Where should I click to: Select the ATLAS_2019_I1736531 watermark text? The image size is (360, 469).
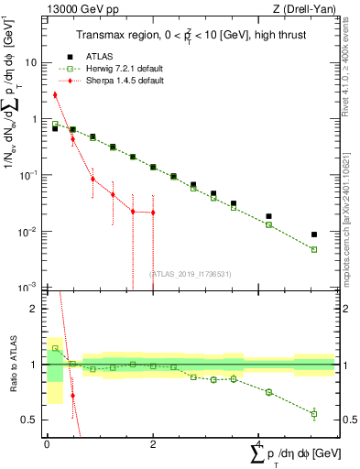coord(190,273)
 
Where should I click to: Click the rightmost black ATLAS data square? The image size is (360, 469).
coord(314,234)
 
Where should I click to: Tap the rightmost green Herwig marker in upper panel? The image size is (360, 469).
coord(314,249)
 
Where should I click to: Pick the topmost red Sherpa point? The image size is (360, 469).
coord(55,94)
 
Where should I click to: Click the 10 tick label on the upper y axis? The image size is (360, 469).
coord(31,63)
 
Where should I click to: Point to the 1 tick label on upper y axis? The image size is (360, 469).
coord(35,119)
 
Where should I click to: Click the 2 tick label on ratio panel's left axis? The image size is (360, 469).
coord(36,309)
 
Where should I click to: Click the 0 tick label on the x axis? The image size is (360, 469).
coord(47,443)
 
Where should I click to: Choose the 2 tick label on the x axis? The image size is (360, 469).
coord(152,443)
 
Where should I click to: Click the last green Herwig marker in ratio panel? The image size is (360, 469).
coord(314,414)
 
